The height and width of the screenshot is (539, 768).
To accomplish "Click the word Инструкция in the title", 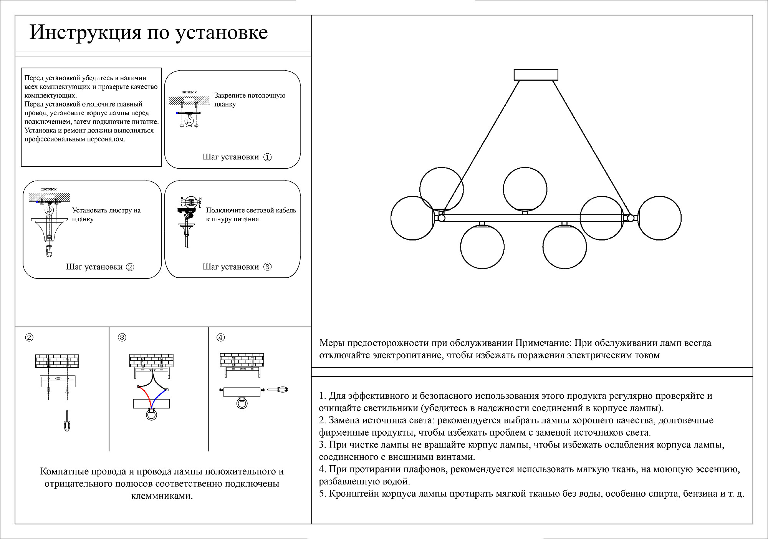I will click(x=85, y=33).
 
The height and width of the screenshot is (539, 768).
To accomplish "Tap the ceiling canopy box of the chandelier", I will click(x=536, y=75).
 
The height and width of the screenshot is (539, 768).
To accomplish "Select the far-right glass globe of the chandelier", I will click(x=659, y=218).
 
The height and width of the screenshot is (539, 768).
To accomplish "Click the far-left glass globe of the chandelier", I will click(x=412, y=218).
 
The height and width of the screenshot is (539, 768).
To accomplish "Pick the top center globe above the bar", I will click(x=525, y=189).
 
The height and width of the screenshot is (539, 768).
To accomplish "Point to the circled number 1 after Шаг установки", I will click(x=268, y=157).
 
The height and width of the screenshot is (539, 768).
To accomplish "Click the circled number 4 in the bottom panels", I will click(x=220, y=337).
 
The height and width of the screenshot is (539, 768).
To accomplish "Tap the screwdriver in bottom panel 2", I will click(x=67, y=421).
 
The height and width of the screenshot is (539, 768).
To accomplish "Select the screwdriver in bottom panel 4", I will click(x=277, y=390).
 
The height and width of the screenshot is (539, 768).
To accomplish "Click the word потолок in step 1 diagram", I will click(x=189, y=92).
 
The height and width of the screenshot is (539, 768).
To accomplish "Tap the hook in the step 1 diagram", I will click(x=188, y=121).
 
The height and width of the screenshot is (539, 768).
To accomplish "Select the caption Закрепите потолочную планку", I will click(x=250, y=100).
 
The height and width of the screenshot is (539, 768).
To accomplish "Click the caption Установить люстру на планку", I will click(x=106, y=214).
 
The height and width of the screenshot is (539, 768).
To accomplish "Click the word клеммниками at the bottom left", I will click(x=162, y=496).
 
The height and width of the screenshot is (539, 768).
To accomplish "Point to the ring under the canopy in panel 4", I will click(x=242, y=403).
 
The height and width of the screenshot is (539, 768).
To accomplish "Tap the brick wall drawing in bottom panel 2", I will click(x=57, y=361).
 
